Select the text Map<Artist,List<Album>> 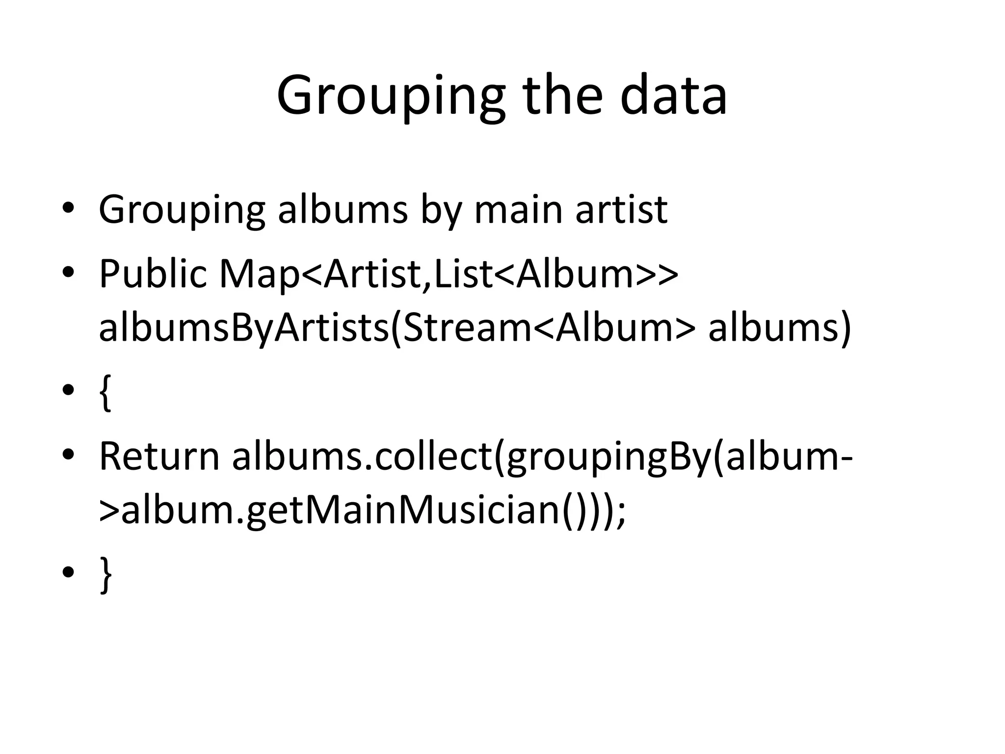(449, 274)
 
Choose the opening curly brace (105, 392)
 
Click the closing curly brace (105, 574)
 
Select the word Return (159, 457)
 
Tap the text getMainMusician (402, 511)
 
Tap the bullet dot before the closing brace (68, 572)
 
